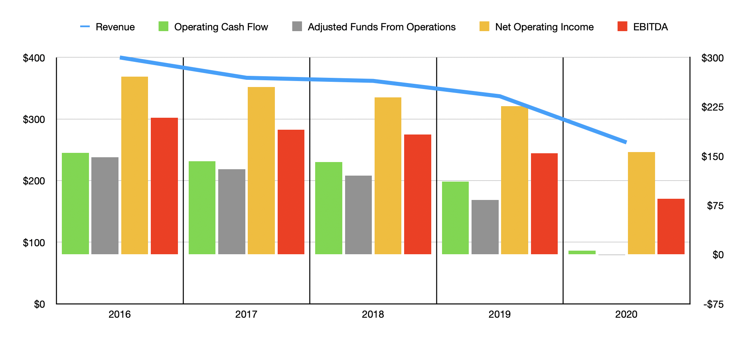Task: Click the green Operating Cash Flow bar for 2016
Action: [75, 204]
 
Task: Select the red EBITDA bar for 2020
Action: [671, 226]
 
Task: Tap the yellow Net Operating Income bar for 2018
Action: [388, 176]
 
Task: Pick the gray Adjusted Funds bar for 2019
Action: [485, 227]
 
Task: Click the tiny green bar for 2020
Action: [582, 252]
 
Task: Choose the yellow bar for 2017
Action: [261, 170]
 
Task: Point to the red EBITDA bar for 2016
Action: [164, 186]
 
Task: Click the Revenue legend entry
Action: [108, 27]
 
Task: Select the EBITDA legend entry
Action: [642, 27]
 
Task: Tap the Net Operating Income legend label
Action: [544, 27]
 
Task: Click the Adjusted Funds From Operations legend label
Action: [381, 27]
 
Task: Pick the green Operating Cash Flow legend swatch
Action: [164, 26]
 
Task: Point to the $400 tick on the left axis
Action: [34, 58]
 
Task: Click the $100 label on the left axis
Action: [34, 243]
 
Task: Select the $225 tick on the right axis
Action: [712, 107]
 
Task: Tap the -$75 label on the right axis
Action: [713, 305]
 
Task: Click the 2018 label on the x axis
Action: [373, 315]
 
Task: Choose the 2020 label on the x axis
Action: [626, 315]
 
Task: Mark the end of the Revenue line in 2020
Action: [626, 142]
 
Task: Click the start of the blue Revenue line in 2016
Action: [121, 58]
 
